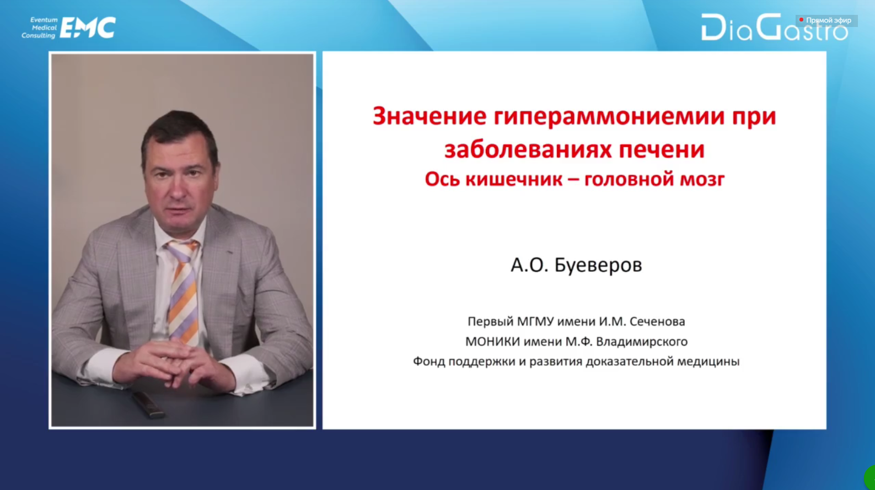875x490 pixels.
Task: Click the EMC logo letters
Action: (88, 28)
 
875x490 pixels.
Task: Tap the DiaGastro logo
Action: (774, 27)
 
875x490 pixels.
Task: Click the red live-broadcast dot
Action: (801, 19)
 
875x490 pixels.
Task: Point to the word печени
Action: (662, 150)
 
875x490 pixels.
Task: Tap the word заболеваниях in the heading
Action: (528, 150)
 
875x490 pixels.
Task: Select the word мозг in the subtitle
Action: (702, 180)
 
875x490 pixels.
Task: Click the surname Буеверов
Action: (598, 265)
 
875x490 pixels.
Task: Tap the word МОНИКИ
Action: (492, 342)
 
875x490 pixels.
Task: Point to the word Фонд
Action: (429, 362)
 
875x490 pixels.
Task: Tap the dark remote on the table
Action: (149, 405)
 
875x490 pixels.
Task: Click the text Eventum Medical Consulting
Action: (40, 28)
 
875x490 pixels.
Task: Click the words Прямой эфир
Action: (829, 20)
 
